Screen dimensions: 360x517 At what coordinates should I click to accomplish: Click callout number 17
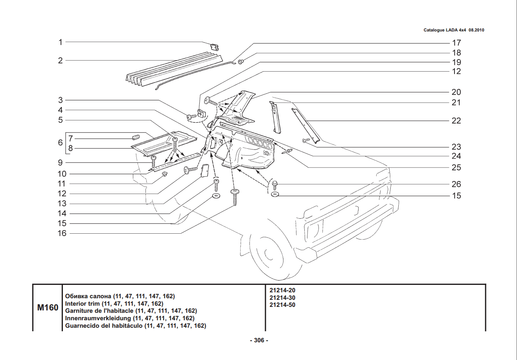pyautogui.click(x=456, y=43)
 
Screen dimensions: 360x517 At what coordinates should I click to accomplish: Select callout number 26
pyautogui.click(x=456, y=184)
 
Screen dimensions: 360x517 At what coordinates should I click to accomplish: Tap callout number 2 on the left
pyautogui.click(x=61, y=61)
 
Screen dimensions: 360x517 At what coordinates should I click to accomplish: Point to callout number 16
pyautogui.click(x=62, y=233)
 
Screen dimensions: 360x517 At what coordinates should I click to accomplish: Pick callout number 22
pyautogui.click(x=456, y=121)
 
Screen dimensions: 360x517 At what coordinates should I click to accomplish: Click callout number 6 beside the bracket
pyautogui.click(x=61, y=142)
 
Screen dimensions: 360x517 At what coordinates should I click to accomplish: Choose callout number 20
pyautogui.click(x=456, y=92)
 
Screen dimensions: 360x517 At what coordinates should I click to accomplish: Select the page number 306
pyautogui.click(x=259, y=341)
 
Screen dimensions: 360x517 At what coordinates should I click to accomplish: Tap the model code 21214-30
pyautogui.click(x=282, y=297)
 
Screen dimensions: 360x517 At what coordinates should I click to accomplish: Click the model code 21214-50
pyautogui.click(x=282, y=305)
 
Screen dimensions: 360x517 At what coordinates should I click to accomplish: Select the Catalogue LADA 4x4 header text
pyautogui.click(x=453, y=30)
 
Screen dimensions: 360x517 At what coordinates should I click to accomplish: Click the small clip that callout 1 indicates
pyautogui.click(x=215, y=47)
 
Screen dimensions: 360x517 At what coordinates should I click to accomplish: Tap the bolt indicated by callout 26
pyautogui.click(x=275, y=185)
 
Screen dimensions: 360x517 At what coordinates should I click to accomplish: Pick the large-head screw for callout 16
pyautogui.click(x=235, y=195)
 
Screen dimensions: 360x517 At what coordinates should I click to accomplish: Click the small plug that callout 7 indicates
pyautogui.click(x=136, y=137)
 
